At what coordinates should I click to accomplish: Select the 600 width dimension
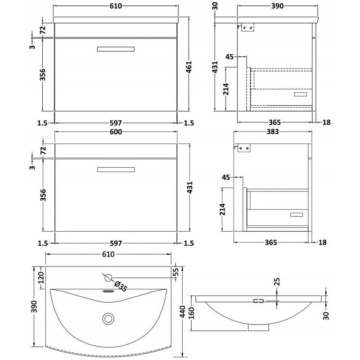(116, 132)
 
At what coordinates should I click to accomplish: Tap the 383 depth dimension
(273, 132)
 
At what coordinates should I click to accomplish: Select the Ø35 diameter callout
(120, 286)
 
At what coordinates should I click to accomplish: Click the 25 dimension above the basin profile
(276, 282)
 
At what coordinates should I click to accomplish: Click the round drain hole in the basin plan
(108, 318)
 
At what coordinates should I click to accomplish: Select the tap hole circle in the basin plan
(108, 276)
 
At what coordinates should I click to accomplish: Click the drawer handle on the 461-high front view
(116, 49)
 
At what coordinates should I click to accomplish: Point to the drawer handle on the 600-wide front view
(116, 169)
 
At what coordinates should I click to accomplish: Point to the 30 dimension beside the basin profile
(327, 315)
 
